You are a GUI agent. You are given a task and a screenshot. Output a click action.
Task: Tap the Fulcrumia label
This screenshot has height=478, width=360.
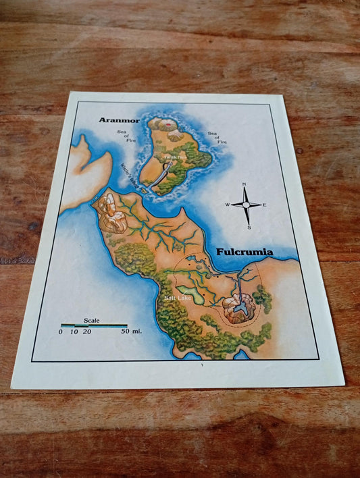click(245, 253)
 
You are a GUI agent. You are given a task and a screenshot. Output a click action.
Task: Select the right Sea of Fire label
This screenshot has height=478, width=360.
click(215, 138)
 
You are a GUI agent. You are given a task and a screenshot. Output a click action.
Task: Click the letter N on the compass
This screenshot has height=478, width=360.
click(244, 184)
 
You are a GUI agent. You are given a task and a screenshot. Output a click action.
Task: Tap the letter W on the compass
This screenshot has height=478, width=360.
click(228, 205)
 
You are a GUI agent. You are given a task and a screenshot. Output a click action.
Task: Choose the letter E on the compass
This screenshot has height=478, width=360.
click(264, 205)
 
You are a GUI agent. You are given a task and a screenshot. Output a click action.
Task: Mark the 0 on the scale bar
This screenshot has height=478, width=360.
click(60, 331)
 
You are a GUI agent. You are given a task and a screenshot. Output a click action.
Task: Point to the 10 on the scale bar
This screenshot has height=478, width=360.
click(74, 331)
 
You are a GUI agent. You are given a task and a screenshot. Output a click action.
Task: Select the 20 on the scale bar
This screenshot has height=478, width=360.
click(87, 331)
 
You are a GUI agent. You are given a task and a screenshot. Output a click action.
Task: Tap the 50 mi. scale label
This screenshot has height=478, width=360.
click(131, 331)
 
